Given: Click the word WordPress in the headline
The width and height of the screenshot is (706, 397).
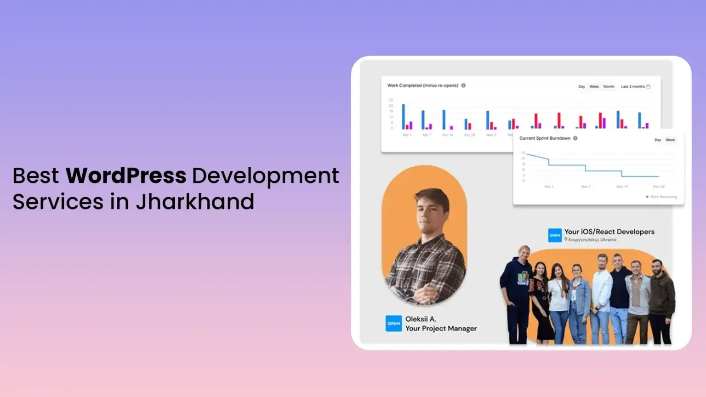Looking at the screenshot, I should pos(125,176).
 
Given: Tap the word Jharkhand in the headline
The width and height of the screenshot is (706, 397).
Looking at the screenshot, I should pos(195,202).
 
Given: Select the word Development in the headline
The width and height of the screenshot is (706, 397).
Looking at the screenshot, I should pos(266,176).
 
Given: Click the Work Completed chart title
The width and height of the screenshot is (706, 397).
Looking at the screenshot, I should pos(422,85).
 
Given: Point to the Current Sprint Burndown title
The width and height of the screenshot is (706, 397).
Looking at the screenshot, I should pos(545,138).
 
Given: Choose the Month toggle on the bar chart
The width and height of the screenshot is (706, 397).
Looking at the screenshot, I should pos(609,86).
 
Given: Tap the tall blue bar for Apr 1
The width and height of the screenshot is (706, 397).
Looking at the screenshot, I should pos(404,117).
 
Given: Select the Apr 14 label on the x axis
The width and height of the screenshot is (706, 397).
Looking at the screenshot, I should pos(447,135).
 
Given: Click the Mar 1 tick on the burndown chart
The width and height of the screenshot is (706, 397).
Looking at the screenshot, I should pos(548,187).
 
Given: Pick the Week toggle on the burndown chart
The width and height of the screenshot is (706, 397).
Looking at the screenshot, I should pos(670,140).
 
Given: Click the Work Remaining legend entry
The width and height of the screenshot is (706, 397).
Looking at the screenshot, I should pos(662,197).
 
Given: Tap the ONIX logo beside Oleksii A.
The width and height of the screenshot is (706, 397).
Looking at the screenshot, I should pos(393,323).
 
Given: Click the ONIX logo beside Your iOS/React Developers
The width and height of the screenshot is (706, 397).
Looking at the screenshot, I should pos(555,235).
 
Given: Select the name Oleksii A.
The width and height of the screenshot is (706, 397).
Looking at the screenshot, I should pos(421,319).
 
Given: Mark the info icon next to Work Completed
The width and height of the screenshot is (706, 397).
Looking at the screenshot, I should pos(463,85).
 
